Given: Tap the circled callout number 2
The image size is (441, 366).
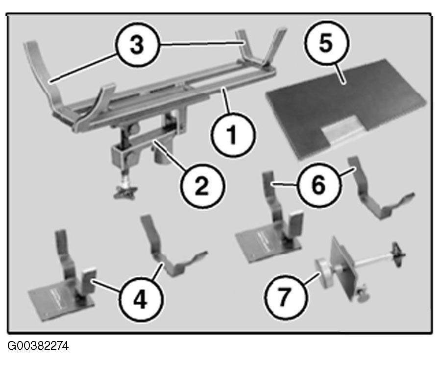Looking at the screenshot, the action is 202,186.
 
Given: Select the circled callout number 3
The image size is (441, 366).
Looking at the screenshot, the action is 137,45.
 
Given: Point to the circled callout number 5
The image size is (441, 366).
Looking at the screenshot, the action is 326,44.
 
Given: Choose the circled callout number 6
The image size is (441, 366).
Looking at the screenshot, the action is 318,186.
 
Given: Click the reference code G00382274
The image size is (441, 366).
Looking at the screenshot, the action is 38,346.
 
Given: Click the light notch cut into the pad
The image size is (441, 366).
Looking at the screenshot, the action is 342,129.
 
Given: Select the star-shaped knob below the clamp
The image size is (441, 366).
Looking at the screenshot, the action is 125,192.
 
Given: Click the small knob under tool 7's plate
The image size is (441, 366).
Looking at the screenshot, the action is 362,297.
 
